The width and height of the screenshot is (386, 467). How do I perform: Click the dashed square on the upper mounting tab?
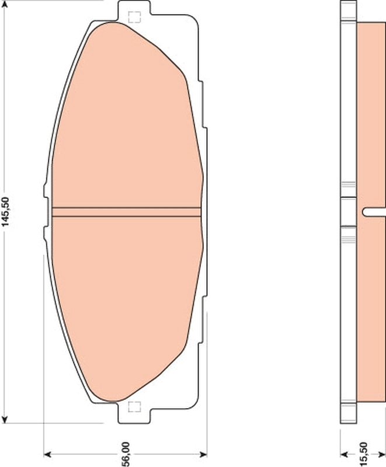point(134,17)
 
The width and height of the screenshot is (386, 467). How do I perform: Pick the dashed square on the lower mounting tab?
point(134,407)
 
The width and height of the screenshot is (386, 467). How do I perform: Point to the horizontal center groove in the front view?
point(126,212)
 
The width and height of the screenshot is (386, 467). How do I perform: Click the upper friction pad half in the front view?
point(126,117)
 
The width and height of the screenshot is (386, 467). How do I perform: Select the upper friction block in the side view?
point(370,111)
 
